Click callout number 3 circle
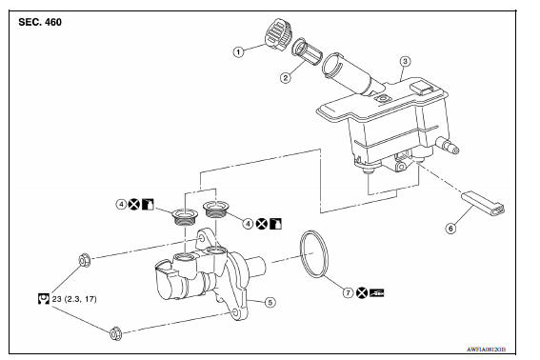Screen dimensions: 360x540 click(405, 62)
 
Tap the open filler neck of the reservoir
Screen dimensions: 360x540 click(335, 68)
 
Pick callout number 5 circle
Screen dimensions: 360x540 click(270, 303)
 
